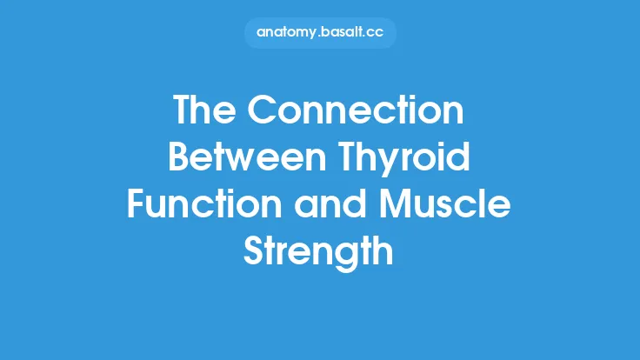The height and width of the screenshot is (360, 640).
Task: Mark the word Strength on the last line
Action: (319, 253)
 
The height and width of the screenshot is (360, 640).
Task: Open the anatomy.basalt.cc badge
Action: (319, 32)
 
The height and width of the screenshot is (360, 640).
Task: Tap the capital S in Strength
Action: (253, 253)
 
